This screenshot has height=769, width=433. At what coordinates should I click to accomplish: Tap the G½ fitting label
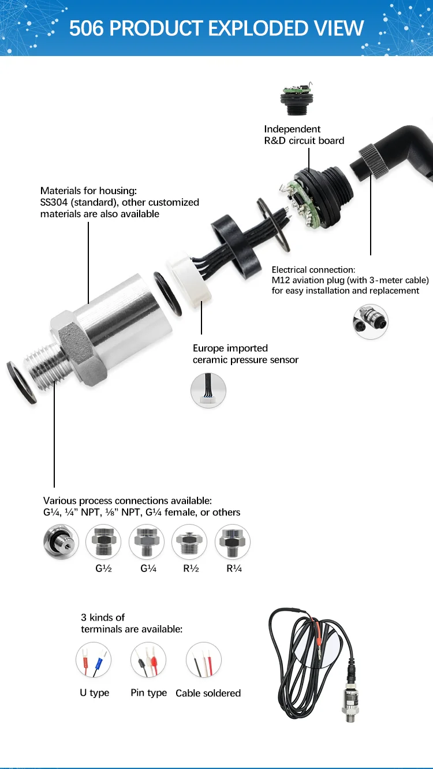pos(103,568)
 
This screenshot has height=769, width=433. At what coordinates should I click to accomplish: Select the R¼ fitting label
pos(233,568)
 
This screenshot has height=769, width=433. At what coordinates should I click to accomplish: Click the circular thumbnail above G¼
pos(147,542)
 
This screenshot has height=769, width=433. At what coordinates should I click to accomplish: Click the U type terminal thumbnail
pos(94,660)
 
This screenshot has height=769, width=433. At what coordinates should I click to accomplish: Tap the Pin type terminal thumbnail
pos(148,660)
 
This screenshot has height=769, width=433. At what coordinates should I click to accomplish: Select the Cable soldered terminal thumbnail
pos(204,660)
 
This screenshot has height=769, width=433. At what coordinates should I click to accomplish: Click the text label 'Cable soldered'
pos(208,693)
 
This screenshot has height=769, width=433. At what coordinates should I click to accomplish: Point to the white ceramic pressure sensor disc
pos(188,280)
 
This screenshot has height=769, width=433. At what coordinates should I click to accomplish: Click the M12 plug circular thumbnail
pos(370,321)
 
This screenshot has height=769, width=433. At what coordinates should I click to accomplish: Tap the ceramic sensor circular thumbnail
pos(208,391)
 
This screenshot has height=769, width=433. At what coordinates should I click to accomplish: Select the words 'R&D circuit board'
pos(304,140)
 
